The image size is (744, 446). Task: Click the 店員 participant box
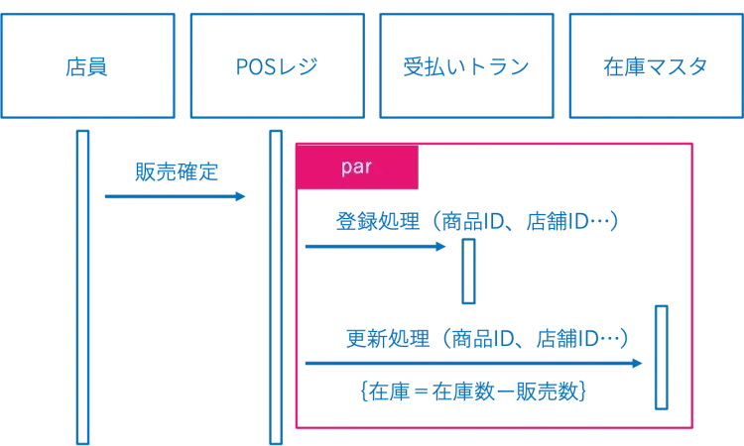(87, 66)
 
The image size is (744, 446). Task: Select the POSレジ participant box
(277, 66)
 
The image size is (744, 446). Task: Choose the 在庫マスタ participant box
(656, 66)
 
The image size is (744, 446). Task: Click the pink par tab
(357, 167)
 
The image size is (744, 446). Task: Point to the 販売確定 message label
(177, 172)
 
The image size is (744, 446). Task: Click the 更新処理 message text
(388, 338)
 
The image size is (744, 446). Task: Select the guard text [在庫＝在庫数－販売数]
(475, 391)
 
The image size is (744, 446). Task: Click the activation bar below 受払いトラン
(468, 271)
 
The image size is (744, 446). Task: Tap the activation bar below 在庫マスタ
(661, 357)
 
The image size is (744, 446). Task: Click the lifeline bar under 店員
(83, 287)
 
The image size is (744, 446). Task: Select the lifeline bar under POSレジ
(276, 287)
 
